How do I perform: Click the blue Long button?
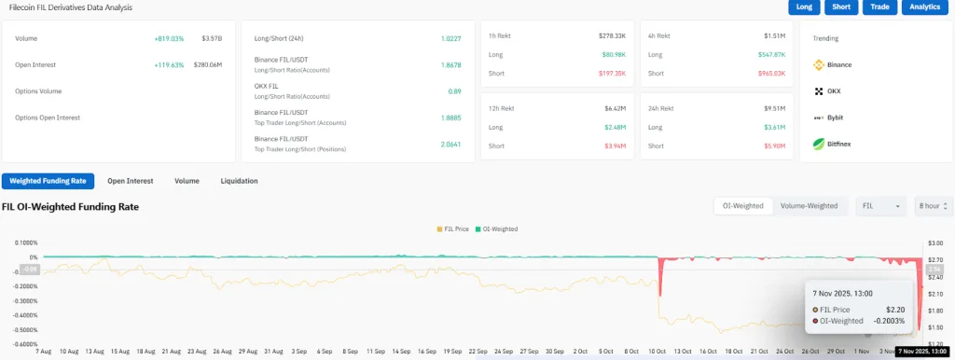click(x=803, y=7)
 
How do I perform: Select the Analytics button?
click(x=924, y=7)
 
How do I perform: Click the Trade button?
click(x=879, y=7)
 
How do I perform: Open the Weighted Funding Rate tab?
click(x=48, y=181)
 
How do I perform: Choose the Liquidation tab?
click(x=239, y=181)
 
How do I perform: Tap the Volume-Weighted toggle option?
click(x=810, y=206)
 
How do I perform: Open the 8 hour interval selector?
click(x=933, y=206)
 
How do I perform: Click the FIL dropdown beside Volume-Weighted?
click(x=879, y=206)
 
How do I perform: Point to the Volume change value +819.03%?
click(x=169, y=39)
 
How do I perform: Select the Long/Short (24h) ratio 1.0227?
click(x=450, y=39)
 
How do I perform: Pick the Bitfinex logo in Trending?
click(x=821, y=144)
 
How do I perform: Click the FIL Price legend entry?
click(x=452, y=228)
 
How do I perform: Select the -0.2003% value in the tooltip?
click(x=886, y=320)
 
